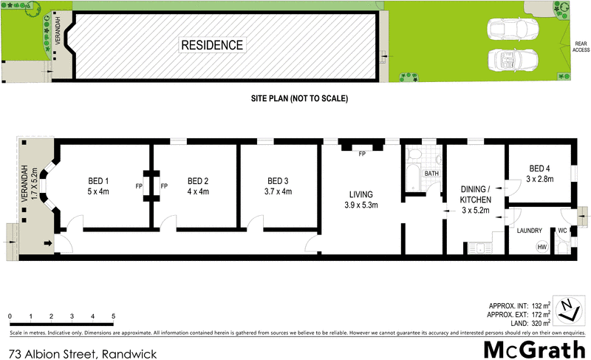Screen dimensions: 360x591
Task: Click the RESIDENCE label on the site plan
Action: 212,45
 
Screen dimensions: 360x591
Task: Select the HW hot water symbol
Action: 542,247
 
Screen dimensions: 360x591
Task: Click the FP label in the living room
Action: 362,155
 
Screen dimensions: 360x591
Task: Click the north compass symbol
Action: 567,309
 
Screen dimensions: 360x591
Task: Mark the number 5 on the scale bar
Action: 113,316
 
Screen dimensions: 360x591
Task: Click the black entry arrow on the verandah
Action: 49,242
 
